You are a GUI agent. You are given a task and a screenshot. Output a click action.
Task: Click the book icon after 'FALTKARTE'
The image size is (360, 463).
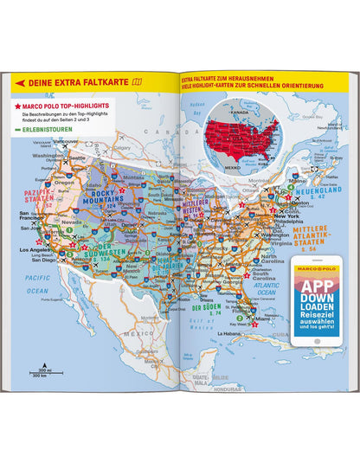(x=136, y=83)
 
